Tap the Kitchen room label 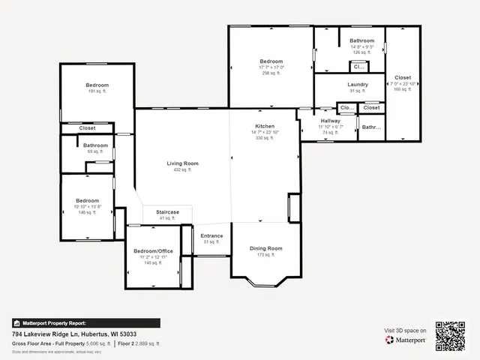pos(264,126)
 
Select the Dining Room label pos(265,248)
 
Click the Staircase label pos(167,212)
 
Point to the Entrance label pos(211,235)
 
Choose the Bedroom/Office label pos(153,250)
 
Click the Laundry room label pos(358,85)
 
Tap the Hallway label pos(331,121)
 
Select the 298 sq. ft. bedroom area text pos(271,73)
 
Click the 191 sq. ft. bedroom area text pos(97,91)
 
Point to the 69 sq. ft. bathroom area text pos(95,151)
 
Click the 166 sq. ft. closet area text pos(402,89)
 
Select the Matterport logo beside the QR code pos(406,340)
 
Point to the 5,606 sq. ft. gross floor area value pos(97,343)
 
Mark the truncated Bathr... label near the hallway pos(371,127)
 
